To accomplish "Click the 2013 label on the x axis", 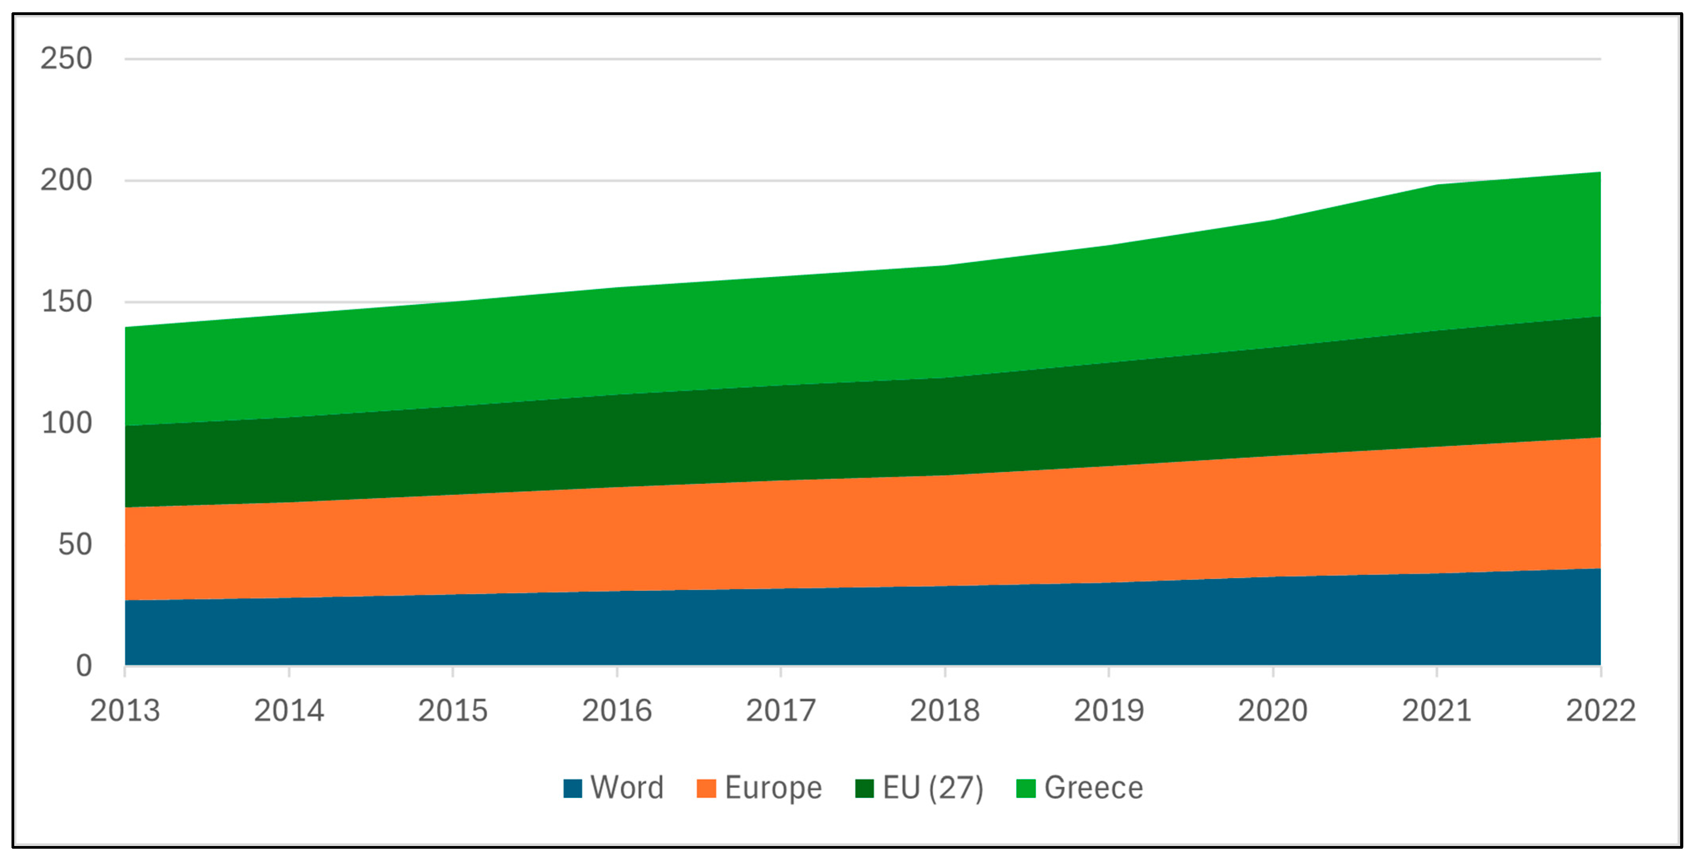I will click(125, 711).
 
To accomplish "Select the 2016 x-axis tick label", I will click(617, 711).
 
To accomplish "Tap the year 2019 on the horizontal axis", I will click(1109, 711).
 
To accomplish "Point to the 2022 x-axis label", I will click(1600, 711).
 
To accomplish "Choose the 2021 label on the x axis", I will click(1436, 711).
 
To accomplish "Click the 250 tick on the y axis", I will click(67, 59).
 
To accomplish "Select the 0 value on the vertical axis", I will click(84, 666).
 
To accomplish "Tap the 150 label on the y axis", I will click(67, 302).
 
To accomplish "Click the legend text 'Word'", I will click(627, 787).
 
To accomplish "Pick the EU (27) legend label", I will click(932, 787).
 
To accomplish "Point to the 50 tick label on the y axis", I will click(75, 545).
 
